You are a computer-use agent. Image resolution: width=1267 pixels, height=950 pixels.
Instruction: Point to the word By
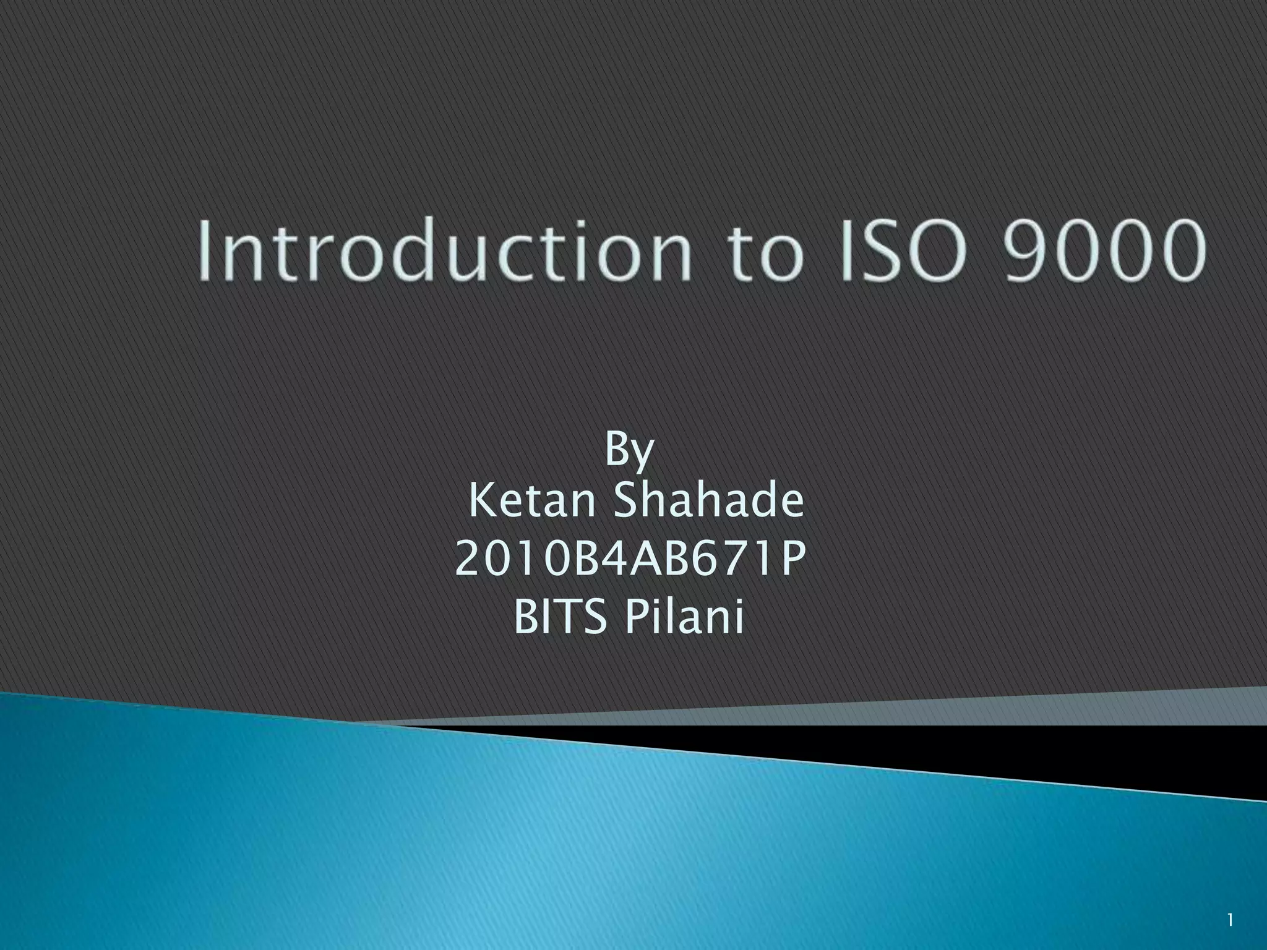coord(629,450)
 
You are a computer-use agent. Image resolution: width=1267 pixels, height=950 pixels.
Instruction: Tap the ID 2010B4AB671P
coord(630,558)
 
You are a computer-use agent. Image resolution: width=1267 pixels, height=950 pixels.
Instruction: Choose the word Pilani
coord(684,617)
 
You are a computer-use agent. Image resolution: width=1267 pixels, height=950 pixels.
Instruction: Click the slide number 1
coord(1230,920)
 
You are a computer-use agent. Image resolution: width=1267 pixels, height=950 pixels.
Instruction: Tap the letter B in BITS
coord(525,617)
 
